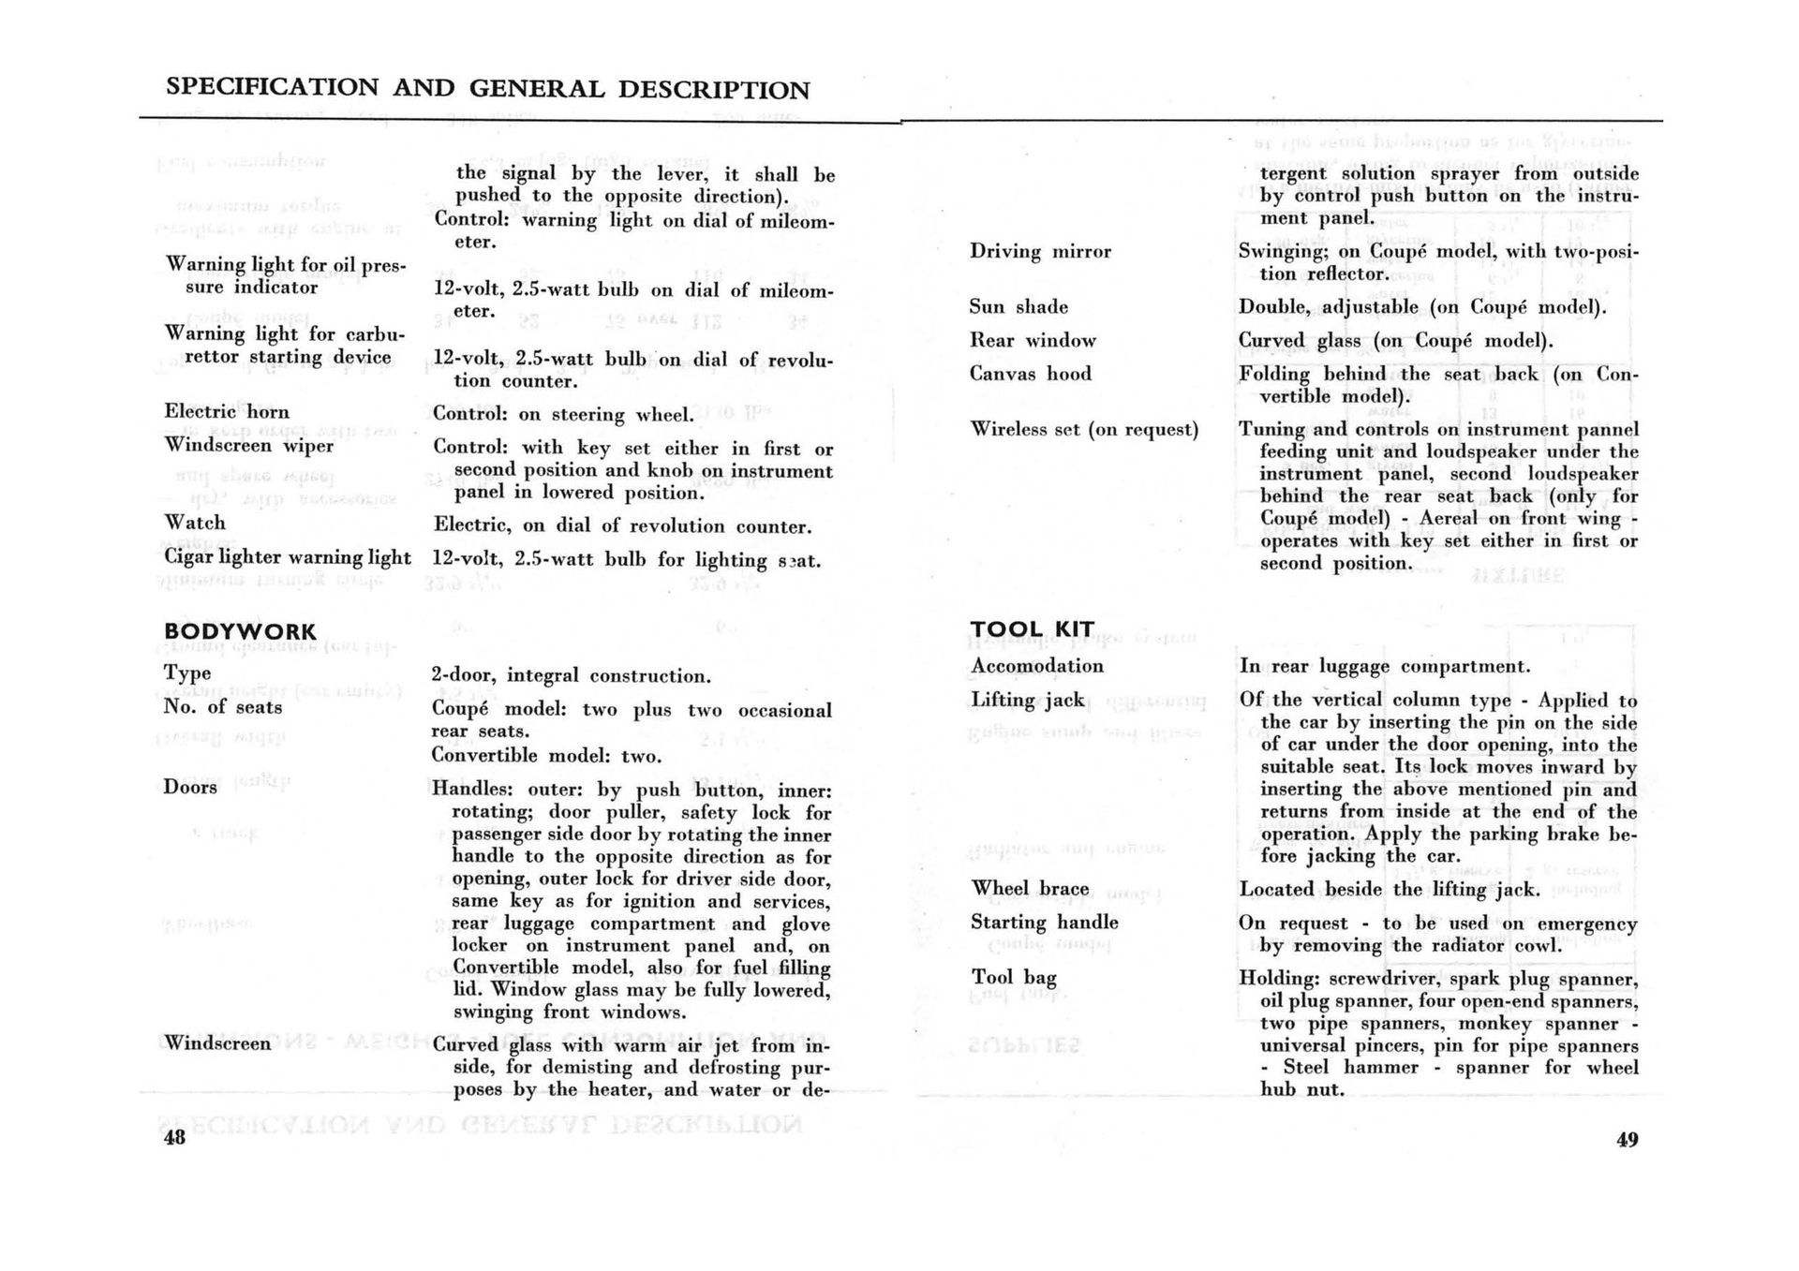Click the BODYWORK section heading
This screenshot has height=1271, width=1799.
(240, 632)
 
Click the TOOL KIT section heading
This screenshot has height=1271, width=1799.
(1032, 629)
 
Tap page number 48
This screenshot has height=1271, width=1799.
(174, 1138)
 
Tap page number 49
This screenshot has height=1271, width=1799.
(1627, 1140)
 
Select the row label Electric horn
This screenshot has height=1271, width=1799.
(227, 412)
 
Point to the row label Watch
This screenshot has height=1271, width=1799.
(195, 523)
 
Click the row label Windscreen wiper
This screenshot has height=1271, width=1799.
(248, 445)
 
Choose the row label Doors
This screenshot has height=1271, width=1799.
(190, 787)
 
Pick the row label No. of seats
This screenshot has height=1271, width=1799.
(222, 707)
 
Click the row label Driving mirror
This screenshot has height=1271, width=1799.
(1040, 251)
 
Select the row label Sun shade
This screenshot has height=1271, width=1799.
(1018, 307)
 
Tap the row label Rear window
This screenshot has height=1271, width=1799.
(1033, 340)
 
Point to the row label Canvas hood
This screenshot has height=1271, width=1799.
(1031, 374)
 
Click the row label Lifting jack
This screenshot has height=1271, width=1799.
(1028, 700)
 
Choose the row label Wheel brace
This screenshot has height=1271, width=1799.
(1030, 888)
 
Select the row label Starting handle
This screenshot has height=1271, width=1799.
(1044, 922)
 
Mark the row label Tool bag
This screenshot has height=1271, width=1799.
(1014, 977)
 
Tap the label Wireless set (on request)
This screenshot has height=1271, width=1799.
(1084, 429)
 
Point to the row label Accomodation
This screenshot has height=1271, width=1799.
(1037, 666)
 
